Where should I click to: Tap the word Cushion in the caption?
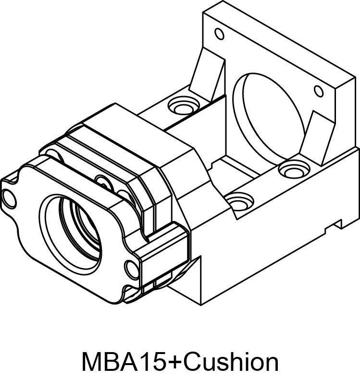click(231, 361)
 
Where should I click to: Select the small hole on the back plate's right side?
click(318, 91)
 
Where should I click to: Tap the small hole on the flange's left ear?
click(8, 196)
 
